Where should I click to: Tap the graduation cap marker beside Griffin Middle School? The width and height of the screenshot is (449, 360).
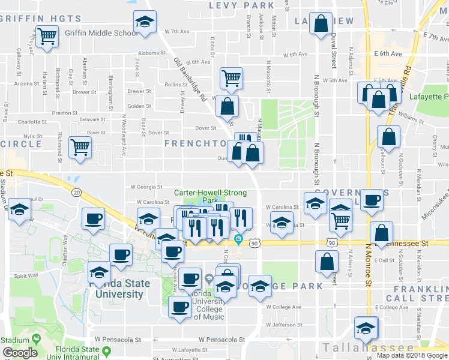[144, 23]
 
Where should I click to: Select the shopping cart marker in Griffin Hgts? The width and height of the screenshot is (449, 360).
[46, 37]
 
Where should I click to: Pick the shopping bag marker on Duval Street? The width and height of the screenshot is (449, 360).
[322, 25]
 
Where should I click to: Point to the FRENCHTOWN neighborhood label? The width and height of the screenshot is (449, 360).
[194, 144]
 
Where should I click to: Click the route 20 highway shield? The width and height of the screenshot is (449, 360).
[77, 192]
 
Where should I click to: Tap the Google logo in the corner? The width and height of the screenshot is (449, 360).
[20, 353]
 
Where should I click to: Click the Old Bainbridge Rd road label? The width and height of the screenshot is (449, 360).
[190, 79]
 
